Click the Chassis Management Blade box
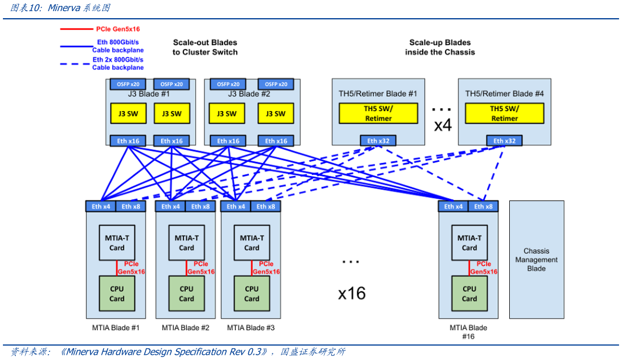(x=536, y=259)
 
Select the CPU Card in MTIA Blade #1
(x=117, y=293)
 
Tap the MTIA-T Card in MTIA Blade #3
(x=252, y=243)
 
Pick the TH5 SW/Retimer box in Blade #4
(x=504, y=113)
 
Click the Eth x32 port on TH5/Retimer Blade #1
(x=378, y=141)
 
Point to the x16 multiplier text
(x=352, y=293)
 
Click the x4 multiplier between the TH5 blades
(x=443, y=125)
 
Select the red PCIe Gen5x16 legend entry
(x=117, y=29)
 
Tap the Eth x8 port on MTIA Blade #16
(x=483, y=206)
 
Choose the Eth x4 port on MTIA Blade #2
(x=170, y=206)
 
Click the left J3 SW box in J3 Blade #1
(x=124, y=113)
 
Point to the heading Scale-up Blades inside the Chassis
(x=440, y=47)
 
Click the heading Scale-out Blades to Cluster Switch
(x=205, y=47)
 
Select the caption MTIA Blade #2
(x=185, y=328)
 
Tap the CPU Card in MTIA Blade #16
(x=469, y=293)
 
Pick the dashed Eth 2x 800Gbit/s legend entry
(x=117, y=63)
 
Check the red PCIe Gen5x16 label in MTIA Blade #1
(x=131, y=268)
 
